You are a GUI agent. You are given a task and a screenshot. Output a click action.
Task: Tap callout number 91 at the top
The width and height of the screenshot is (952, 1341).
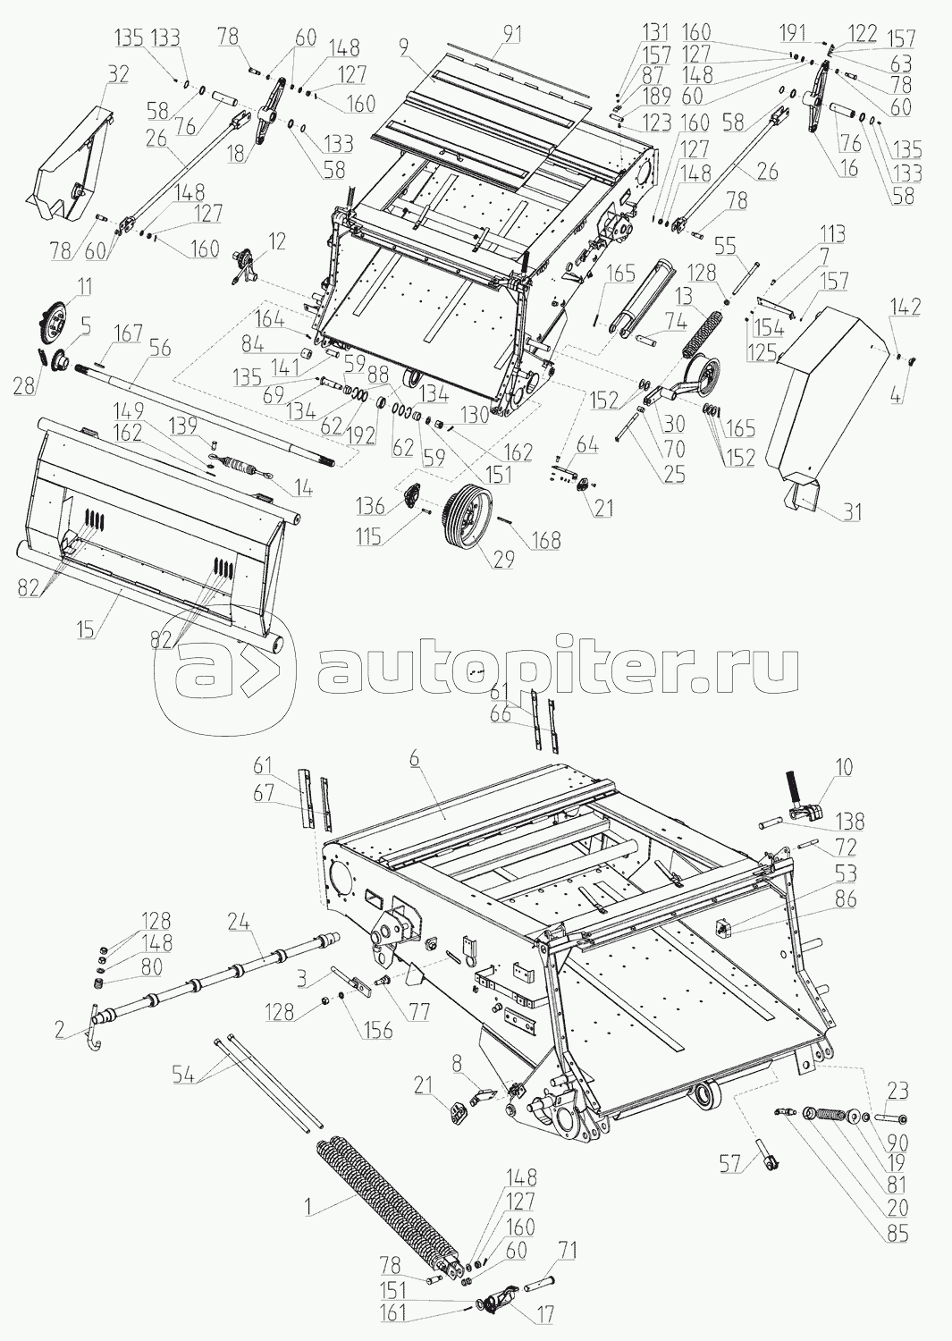511,35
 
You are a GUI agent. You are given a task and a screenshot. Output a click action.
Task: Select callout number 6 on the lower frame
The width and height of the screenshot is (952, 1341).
413,757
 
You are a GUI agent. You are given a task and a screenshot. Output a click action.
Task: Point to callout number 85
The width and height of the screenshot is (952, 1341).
897,1236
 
